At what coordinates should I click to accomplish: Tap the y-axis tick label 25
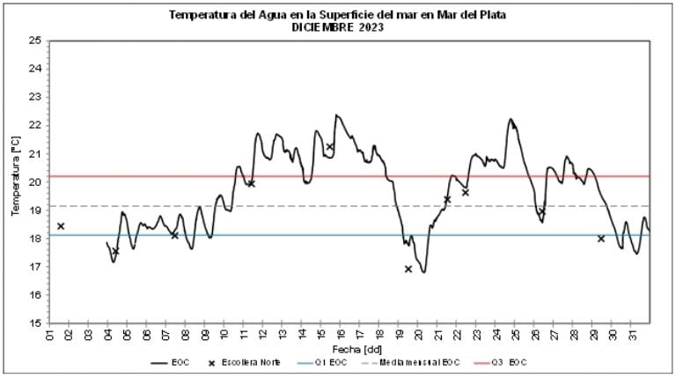[x=36, y=41]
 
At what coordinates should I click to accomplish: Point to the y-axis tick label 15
[x=36, y=322]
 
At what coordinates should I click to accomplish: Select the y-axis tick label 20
[x=36, y=182]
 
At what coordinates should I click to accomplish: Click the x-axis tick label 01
[x=49, y=336]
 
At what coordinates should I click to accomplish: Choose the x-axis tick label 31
[x=633, y=336]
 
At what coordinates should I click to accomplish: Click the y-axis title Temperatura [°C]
[x=15, y=182]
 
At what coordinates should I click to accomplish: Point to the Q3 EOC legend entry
[x=506, y=363]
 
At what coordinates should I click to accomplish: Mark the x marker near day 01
[x=61, y=226]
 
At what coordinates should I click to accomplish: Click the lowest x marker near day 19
[x=408, y=269]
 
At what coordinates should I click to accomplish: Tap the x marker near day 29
[x=601, y=239]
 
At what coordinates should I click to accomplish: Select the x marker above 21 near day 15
[x=330, y=147]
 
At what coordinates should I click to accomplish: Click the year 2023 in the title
[x=368, y=27]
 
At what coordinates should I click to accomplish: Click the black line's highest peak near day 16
[x=335, y=115]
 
